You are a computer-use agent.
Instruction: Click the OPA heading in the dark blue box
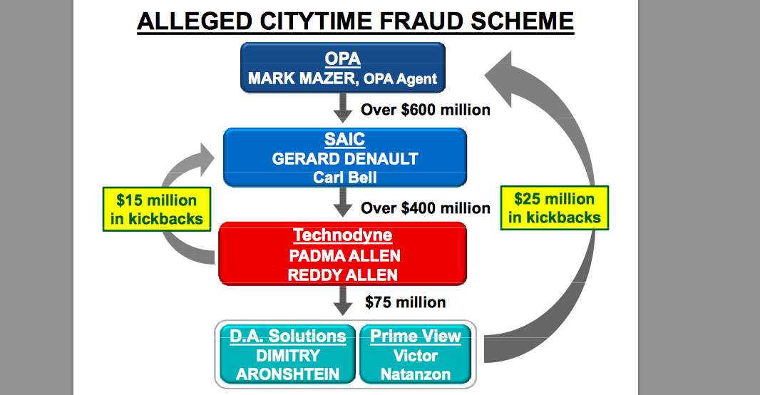pyautogui.click(x=342, y=58)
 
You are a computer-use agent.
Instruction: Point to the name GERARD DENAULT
pyautogui.click(x=344, y=159)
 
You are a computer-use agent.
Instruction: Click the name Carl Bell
pyautogui.click(x=344, y=177)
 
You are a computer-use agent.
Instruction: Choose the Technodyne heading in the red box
pyautogui.click(x=343, y=235)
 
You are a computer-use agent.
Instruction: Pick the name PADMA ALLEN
pyautogui.click(x=343, y=255)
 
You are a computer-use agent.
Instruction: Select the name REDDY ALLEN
pyautogui.click(x=343, y=275)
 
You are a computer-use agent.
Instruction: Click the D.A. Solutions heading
pyautogui.click(x=288, y=337)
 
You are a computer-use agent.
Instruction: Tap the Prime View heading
pyautogui.click(x=416, y=337)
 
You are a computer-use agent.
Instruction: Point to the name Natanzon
pyautogui.click(x=416, y=374)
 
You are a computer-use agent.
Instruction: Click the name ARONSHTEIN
pyautogui.click(x=288, y=374)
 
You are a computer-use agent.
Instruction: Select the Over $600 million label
pyautogui.click(x=426, y=110)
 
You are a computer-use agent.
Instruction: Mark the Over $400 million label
pyautogui.click(x=426, y=208)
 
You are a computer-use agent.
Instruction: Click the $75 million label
pyautogui.click(x=406, y=302)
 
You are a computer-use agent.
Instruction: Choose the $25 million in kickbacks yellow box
pyautogui.click(x=554, y=208)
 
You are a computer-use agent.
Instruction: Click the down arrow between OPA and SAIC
pyautogui.click(x=344, y=109)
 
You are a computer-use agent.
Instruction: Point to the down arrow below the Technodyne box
pyautogui.click(x=344, y=302)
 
